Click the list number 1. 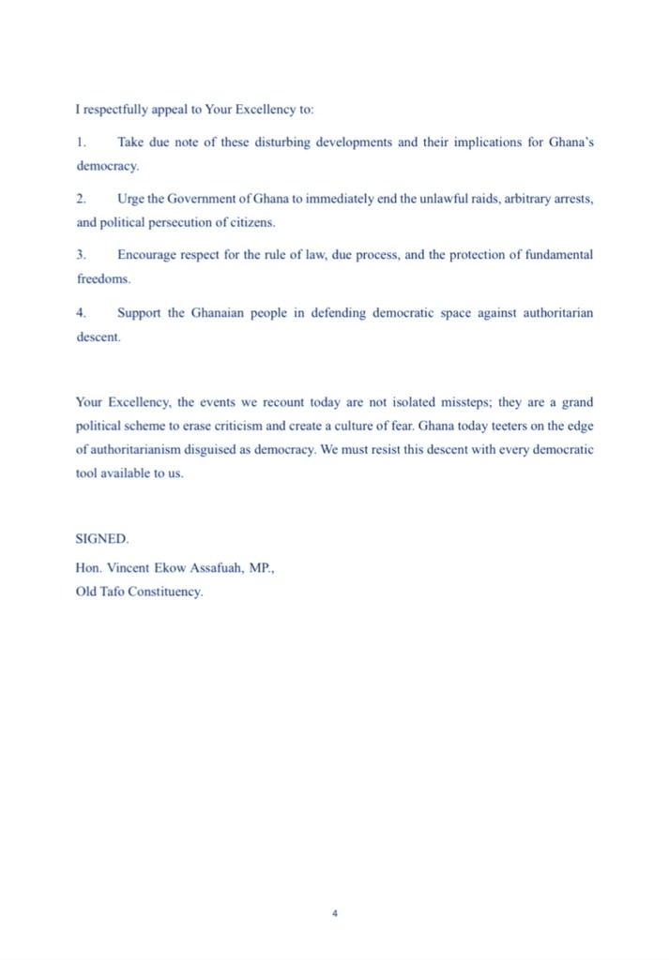[x=80, y=142]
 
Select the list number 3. [x=80, y=255]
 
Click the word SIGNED [x=102, y=539]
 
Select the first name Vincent [x=127, y=568]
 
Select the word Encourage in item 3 [x=149, y=255]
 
